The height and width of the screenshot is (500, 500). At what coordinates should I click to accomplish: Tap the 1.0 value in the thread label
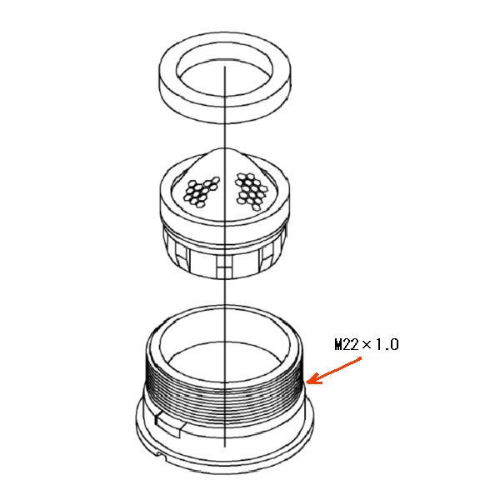pyautogui.click(x=387, y=345)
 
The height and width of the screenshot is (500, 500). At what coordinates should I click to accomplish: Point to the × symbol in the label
pyautogui.click(x=367, y=344)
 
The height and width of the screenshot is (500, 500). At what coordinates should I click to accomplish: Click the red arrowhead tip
pyautogui.click(x=307, y=382)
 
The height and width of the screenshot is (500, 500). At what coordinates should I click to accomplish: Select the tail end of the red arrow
pyautogui.click(x=361, y=358)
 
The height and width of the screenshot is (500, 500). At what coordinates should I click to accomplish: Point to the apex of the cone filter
pyautogui.click(x=225, y=148)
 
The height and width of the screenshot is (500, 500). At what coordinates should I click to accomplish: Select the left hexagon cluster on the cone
pyautogui.click(x=202, y=192)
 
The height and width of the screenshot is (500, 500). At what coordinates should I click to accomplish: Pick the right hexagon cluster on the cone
pyautogui.click(x=252, y=192)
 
